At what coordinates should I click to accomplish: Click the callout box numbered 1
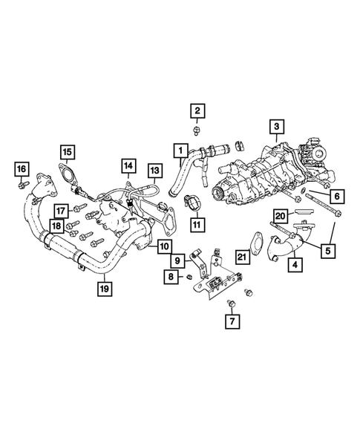[179, 152]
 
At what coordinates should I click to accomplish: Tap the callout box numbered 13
[154, 171]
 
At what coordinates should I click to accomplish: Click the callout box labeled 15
[67, 154]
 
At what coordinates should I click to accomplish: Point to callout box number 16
[22, 168]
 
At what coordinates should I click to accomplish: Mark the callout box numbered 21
[242, 256]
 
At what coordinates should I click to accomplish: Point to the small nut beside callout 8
[189, 277]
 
